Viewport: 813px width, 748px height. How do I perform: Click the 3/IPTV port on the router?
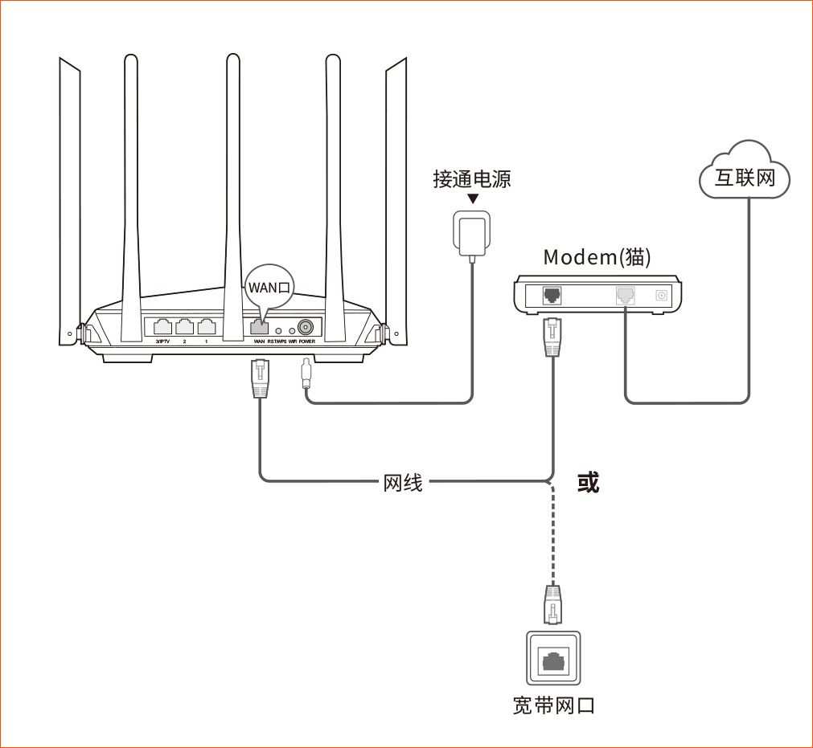tap(162, 327)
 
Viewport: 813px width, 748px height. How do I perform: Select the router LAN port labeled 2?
tap(185, 327)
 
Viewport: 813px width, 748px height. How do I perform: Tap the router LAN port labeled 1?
tap(207, 327)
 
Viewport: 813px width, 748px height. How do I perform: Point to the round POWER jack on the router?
tap(306, 328)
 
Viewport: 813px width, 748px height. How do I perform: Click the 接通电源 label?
tap(472, 178)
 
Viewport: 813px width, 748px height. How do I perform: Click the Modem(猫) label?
tap(597, 257)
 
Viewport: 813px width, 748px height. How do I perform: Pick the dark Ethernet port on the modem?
tap(552, 295)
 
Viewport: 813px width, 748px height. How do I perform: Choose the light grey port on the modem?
tap(625, 295)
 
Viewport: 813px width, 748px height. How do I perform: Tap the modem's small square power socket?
tap(663, 295)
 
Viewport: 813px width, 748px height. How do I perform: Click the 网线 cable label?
tap(403, 483)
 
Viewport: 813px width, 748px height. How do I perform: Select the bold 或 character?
tap(588, 482)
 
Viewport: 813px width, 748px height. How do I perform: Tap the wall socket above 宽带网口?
tap(552, 660)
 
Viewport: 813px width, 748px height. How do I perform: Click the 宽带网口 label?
tap(554, 705)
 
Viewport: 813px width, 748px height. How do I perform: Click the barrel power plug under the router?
tap(306, 375)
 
